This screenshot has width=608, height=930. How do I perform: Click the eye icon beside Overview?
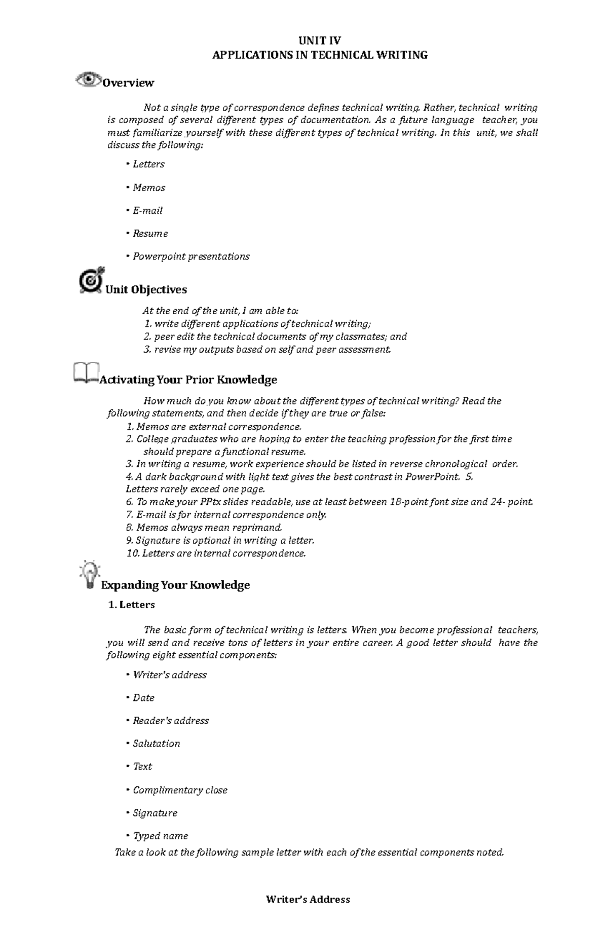coord(87,80)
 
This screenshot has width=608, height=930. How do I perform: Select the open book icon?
coord(86,373)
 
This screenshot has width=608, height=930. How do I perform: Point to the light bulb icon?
coord(90,575)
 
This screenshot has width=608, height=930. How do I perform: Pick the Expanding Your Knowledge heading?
coord(175,585)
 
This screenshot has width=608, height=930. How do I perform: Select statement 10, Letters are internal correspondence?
coord(216,553)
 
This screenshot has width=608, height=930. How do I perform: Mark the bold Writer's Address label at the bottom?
coord(308,900)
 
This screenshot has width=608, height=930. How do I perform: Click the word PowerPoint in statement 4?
coord(432,477)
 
